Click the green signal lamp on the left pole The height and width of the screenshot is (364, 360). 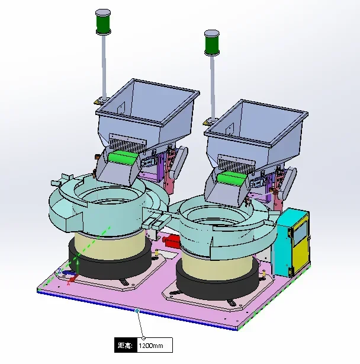103,23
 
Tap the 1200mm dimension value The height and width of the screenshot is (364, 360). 151,346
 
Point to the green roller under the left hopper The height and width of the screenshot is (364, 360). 122,158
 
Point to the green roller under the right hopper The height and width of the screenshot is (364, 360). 232,179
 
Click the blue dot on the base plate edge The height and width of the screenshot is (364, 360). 137,311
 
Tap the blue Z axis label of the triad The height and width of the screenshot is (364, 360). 59,271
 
